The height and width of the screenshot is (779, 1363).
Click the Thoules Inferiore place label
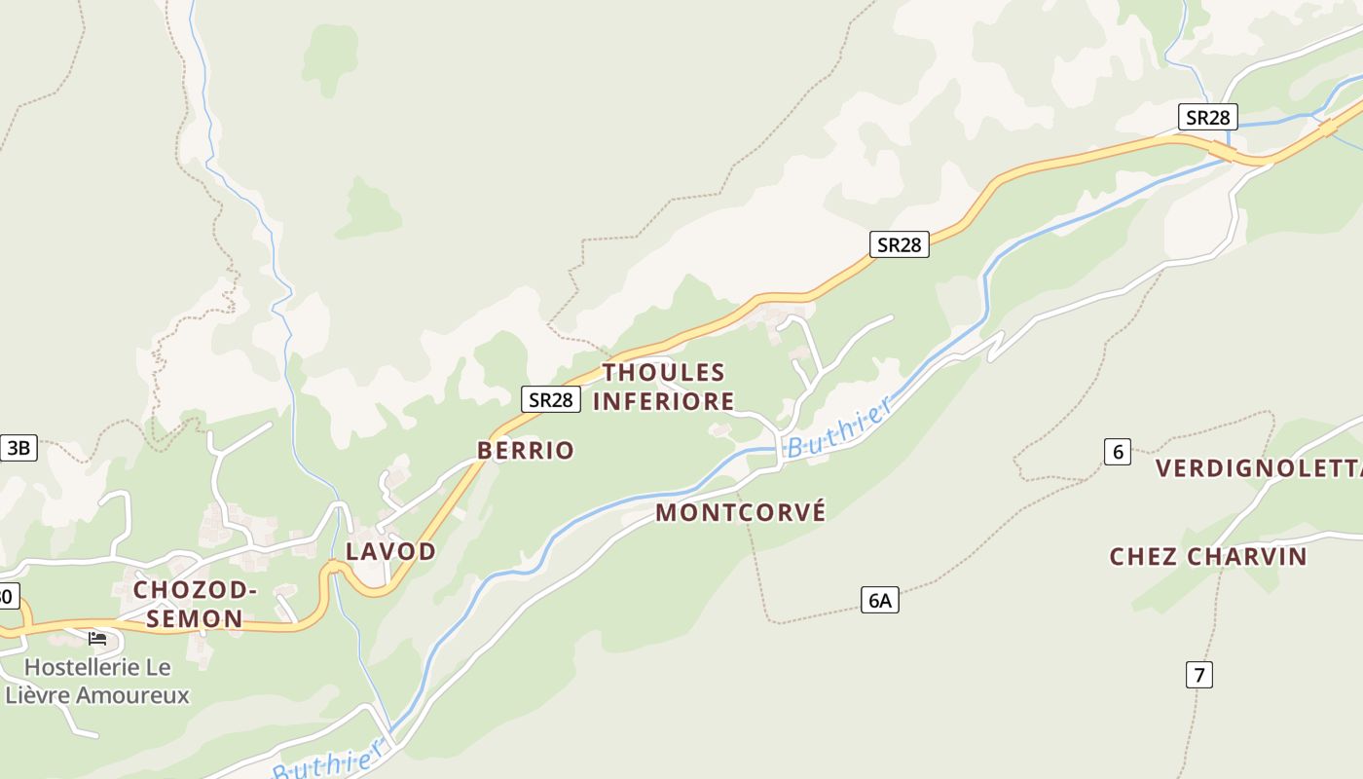pyautogui.click(x=664, y=387)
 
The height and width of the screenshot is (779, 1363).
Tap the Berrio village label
pyautogui.click(x=525, y=450)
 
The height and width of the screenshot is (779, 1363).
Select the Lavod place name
pyautogui.click(x=390, y=551)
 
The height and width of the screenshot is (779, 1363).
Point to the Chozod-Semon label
pyautogui.click(x=195, y=604)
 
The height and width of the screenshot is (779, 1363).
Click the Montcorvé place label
pyautogui.click(x=740, y=512)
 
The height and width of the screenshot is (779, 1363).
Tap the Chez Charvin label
pyautogui.click(x=1208, y=557)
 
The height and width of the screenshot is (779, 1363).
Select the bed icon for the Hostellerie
pyautogui.click(x=97, y=639)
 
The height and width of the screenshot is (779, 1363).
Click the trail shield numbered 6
pyautogui.click(x=1117, y=452)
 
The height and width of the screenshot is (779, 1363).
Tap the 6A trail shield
pyautogui.click(x=879, y=600)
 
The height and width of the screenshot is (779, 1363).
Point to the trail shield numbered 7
pyautogui.click(x=1198, y=674)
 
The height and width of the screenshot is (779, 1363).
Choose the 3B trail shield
pyautogui.click(x=18, y=448)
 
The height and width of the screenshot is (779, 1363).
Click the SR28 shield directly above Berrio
pyautogui.click(x=551, y=398)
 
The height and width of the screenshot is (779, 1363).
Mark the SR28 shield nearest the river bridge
pyautogui.click(x=1207, y=118)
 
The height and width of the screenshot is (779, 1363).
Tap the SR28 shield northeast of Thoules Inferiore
pyautogui.click(x=899, y=244)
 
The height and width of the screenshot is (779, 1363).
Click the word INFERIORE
pyautogui.click(x=664, y=401)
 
